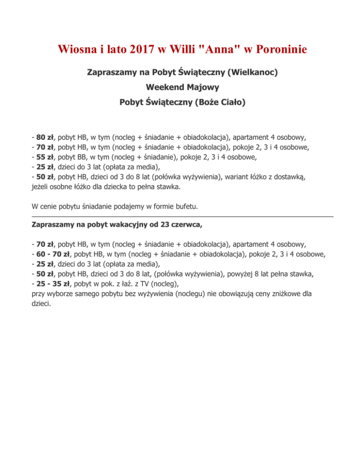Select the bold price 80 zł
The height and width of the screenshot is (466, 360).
pos(45,138)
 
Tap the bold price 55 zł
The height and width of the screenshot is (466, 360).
pos(45,158)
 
